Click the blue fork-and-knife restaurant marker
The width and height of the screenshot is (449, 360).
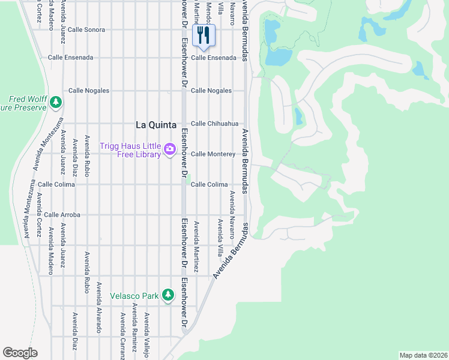click(x=203, y=35)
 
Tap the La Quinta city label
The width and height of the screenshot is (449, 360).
click(x=156, y=125)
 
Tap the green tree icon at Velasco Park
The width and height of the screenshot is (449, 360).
click(x=170, y=295)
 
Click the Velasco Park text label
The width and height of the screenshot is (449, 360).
click(x=134, y=296)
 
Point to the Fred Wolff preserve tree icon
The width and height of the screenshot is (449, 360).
click(x=55, y=103)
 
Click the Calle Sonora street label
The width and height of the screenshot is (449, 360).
click(x=86, y=29)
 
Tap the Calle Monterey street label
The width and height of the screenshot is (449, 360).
click(x=212, y=154)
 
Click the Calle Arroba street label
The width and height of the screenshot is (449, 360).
click(x=62, y=214)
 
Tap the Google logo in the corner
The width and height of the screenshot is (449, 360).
click(x=20, y=353)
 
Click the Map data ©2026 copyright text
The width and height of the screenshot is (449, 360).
click(x=423, y=355)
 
